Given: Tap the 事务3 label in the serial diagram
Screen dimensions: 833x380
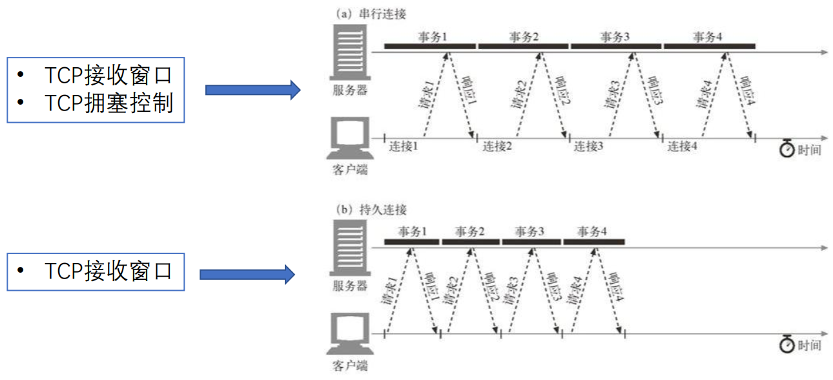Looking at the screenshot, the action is pyautogui.click(x=615, y=37).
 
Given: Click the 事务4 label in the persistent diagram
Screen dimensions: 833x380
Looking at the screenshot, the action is pyautogui.click(x=592, y=232).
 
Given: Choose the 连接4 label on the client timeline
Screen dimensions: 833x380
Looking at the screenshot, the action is pyautogui.click(x=683, y=147).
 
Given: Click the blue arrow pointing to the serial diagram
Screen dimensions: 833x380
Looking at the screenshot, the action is pyautogui.click(x=252, y=90).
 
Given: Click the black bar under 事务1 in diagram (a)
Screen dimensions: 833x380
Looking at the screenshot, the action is pyautogui.click(x=429, y=46).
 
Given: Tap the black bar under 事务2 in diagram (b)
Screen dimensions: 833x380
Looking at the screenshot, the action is pyautogui.click(x=471, y=242).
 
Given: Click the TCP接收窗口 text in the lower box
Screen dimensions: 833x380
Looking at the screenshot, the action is pyautogui.click(x=108, y=272).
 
